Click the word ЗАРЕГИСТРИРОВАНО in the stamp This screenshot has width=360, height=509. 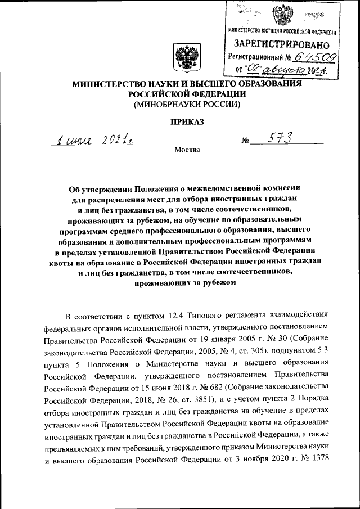coord(282,43)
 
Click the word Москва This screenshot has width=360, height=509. coord(187,150)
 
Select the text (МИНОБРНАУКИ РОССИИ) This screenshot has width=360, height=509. coord(187,104)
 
